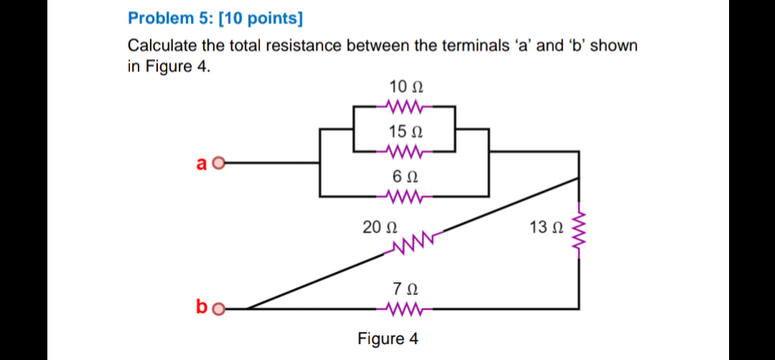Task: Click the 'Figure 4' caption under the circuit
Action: [388, 338]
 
